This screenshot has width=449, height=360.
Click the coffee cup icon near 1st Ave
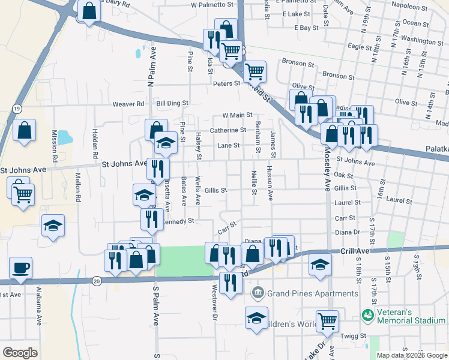pyautogui.click(x=20, y=268)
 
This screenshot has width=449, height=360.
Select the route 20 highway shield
pyautogui.click(x=97, y=280)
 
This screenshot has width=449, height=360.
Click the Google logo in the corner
pyautogui.click(x=20, y=353)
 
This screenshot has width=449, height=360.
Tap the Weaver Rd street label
pyautogui.click(x=128, y=104)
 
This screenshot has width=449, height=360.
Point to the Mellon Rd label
pyautogui.click(x=78, y=185)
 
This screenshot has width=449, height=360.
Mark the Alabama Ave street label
pyautogui.click(x=38, y=308)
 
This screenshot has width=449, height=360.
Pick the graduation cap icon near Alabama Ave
pyautogui.click(x=53, y=226)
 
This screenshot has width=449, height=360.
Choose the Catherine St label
pyautogui.click(x=228, y=130)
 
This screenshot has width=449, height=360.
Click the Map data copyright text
pyautogui.click(x=412, y=355)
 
